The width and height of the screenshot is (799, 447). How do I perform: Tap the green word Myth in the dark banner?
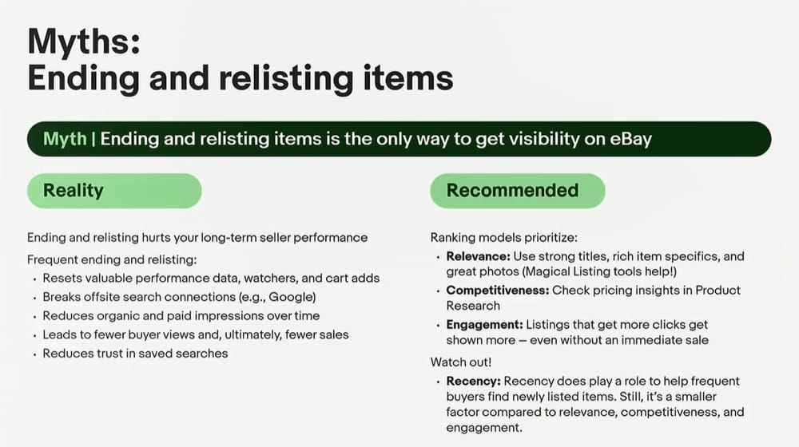[x=65, y=139]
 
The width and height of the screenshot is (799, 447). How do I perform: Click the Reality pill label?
[x=74, y=191]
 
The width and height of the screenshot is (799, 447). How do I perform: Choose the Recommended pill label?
[x=513, y=191]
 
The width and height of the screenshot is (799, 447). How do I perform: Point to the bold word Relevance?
[x=478, y=256]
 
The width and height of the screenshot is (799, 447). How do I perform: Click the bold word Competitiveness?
[x=498, y=291]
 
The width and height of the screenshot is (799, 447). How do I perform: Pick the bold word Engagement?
[x=485, y=325]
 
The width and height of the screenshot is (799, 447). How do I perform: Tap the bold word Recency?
[x=474, y=382]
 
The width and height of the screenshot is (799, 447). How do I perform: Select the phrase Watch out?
[x=461, y=362]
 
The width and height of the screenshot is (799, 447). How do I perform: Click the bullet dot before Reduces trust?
[x=34, y=354]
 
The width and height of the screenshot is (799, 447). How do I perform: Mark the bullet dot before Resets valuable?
[x=34, y=279]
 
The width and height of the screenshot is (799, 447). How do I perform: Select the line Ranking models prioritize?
[x=504, y=238]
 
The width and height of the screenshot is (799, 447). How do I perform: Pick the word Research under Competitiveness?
[x=473, y=306]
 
